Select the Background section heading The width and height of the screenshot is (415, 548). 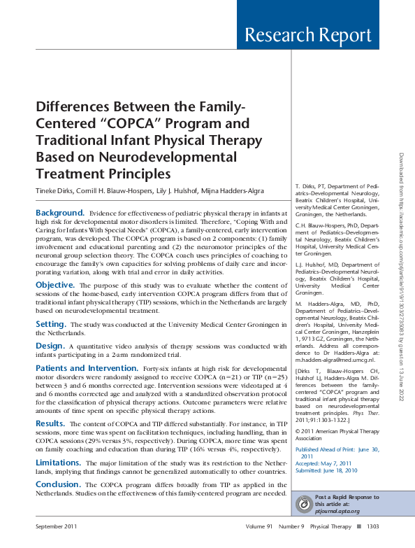coord(60,212)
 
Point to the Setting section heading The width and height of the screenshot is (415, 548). coord(51,324)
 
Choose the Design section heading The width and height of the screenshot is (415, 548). coord(50,345)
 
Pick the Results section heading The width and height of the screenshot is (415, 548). coord(50,424)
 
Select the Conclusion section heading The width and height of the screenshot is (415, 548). coord(59,484)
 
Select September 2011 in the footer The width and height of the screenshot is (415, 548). coord(57,526)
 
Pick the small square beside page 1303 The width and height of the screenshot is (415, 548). coord(358,526)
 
